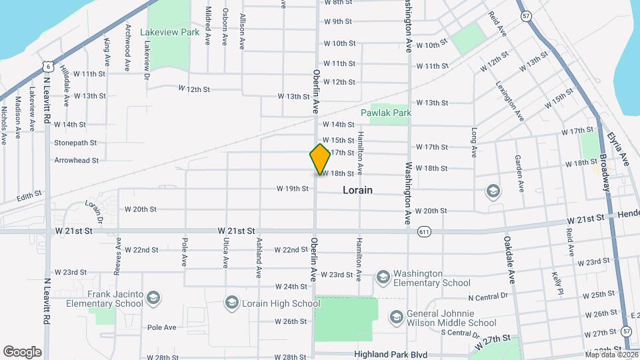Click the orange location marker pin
(x=320, y=159)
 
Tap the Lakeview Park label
(x=170, y=32)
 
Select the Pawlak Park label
(x=386, y=113)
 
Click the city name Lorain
(x=357, y=190)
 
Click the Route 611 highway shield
(x=424, y=232)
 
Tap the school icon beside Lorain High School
(x=231, y=303)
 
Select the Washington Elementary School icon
(x=383, y=276)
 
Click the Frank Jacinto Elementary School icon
(x=153, y=297)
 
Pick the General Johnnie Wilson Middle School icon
(x=396, y=316)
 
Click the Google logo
(x=22, y=351)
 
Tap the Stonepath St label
(x=75, y=143)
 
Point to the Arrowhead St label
(x=76, y=160)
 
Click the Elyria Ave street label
(x=618, y=149)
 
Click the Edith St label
(x=29, y=195)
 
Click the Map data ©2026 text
(x=611, y=354)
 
